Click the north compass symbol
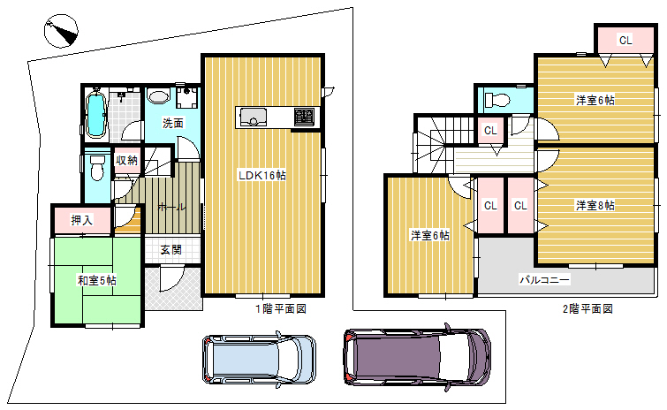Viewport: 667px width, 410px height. tap(61, 31)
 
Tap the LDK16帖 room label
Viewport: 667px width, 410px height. tap(262, 175)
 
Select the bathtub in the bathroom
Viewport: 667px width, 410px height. tap(96, 114)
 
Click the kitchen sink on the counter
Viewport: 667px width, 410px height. tap(253, 117)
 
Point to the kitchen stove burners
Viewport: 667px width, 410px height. tap(304, 117)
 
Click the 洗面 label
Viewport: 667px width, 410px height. tap(173, 124)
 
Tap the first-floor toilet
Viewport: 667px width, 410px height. tap(98, 167)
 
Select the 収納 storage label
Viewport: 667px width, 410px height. tap(126, 160)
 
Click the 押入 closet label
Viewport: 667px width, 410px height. tap(81, 220)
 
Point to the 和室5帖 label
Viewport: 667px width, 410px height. tap(97, 281)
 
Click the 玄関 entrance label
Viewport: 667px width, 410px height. tap(171, 250)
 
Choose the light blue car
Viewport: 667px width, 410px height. tap(259, 360)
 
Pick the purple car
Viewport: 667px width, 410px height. tap(417, 358)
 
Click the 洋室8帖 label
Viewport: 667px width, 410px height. tap(595, 206)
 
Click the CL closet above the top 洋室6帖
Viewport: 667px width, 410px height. tap(625, 40)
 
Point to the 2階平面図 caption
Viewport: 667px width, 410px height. tap(587, 309)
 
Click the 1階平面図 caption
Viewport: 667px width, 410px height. tap(281, 309)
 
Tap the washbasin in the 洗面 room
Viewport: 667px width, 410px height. tap(158, 95)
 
